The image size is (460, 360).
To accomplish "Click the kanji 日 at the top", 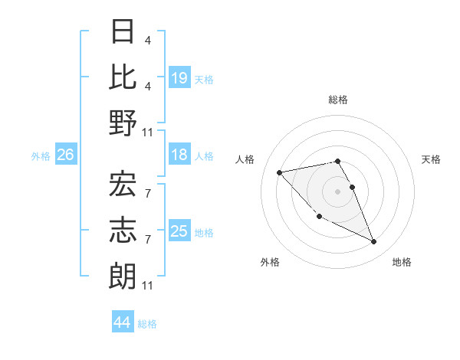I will (x=123, y=32).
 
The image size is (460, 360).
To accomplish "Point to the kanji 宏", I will (x=123, y=183).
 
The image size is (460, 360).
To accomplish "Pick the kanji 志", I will (x=123, y=227).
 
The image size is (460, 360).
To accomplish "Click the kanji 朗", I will (x=123, y=273).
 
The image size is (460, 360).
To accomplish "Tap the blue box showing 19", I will (x=179, y=77).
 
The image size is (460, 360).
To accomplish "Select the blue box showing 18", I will (x=179, y=155).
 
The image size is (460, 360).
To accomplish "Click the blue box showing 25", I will (x=179, y=232).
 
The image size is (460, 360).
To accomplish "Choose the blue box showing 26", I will (x=65, y=155).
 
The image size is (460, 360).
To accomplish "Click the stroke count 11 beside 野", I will (x=148, y=132).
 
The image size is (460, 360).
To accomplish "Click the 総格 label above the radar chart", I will (x=338, y=100).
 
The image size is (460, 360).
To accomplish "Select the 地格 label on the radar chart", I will (x=402, y=263).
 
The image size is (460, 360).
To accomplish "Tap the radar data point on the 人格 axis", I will (x=280, y=172).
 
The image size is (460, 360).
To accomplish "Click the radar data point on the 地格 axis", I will (x=374, y=242).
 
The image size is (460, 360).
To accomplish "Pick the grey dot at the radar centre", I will (x=338, y=191).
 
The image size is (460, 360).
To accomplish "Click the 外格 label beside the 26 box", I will (x=41, y=156).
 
